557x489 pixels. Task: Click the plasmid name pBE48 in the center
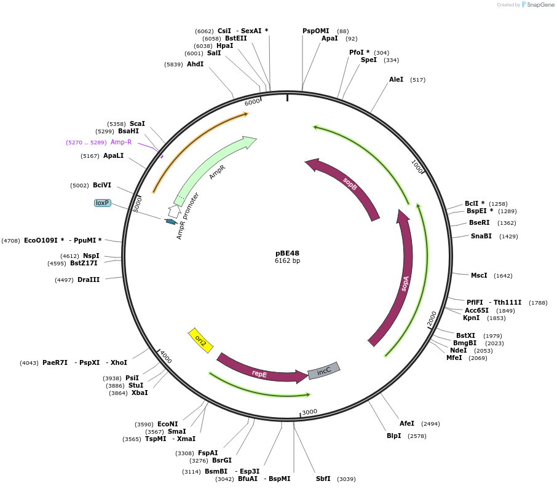click(287, 253)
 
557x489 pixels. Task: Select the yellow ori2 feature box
click(200, 340)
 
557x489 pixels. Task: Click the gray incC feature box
click(324, 370)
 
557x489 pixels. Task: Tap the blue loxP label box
click(102, 203)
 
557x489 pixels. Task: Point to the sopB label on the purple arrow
click(350, 183)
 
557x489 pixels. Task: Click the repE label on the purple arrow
click(259, 373)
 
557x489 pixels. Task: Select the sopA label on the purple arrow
click(405, 283)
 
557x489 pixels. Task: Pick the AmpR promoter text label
click(188, 216)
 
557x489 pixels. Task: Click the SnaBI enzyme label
click(481, 236)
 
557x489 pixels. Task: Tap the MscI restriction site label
click(478, 275)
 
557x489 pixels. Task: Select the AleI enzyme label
click(396, 79)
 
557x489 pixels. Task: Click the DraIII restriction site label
click(89, 280)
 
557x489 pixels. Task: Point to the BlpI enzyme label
click(393, 436)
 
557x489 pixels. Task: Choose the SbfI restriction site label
click(323, 479)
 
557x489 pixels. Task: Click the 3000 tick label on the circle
click(309, 412)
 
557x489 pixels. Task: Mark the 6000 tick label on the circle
click(252, 102)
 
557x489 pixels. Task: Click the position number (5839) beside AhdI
click(173, 64)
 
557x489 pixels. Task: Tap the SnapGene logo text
click(540, 5)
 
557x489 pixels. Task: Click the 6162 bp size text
click(287, 261)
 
